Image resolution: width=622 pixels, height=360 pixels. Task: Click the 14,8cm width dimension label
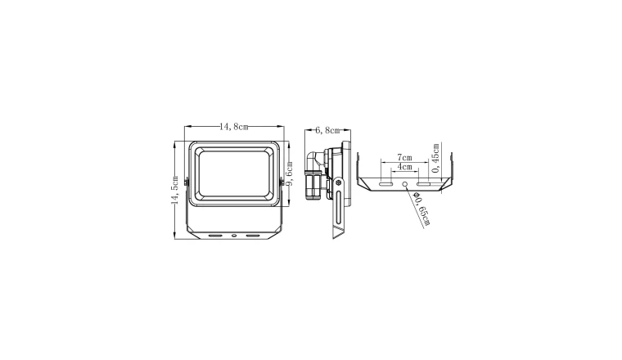point(234,127)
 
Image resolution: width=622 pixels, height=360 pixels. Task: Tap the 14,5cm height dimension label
point(174,191)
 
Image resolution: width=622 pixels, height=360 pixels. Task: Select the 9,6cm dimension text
point(289,173)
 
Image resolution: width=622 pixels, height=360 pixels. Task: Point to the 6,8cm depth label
point(327,130)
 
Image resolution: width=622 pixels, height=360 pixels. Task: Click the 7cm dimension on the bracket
point(404,157)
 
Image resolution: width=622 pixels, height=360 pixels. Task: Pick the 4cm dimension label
point(404,167)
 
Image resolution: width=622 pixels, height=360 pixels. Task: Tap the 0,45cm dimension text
point(435,158)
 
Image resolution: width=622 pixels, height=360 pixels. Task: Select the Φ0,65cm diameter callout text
point(421,209)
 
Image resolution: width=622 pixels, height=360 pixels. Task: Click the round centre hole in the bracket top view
point(405,184)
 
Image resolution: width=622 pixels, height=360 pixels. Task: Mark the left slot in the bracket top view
point(385,184)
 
